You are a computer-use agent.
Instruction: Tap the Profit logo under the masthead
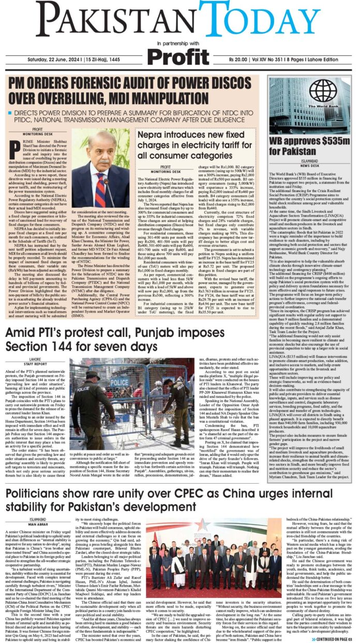pos(179,56)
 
